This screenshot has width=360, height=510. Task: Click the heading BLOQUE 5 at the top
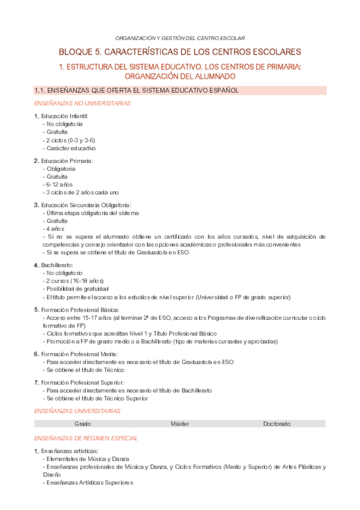point(180,52)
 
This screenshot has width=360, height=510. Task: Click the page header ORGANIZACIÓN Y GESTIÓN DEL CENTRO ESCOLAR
point(180,38)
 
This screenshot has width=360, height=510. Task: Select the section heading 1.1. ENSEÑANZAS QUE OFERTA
point(137,90)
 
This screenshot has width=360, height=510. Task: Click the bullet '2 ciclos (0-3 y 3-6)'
point(69,140)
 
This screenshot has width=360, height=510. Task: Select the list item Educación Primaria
point(67,161)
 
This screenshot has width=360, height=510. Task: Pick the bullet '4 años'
point(54,229)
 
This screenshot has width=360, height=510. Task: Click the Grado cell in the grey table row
point(83,424)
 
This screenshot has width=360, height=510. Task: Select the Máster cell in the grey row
point(180,424)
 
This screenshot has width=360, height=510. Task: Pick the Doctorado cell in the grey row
point(276,424)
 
